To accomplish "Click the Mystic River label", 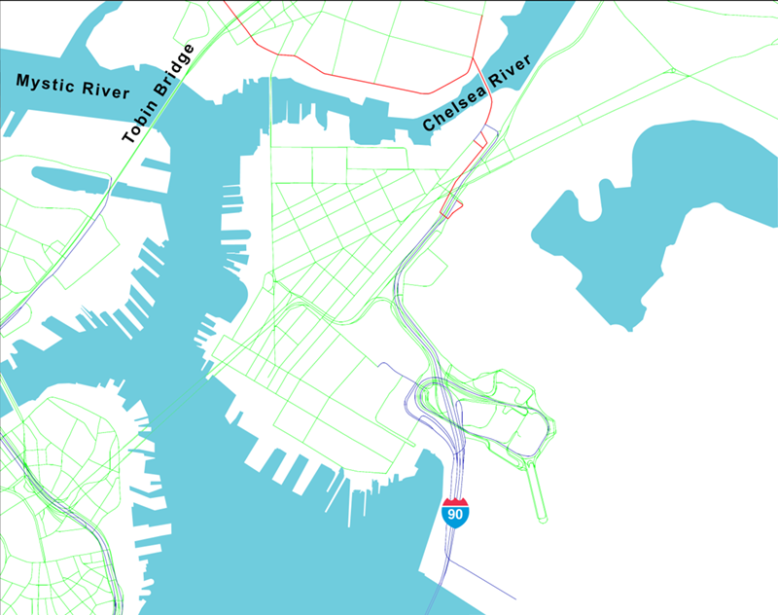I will pos(73,86).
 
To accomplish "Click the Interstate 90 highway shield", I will pos(454,512).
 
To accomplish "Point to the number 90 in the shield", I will pos(454,515).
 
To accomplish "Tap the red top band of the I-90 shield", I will pos(454,501).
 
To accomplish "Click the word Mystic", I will pos(46,82).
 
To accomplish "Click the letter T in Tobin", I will pos(127,139).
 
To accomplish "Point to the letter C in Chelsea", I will pos(429,126).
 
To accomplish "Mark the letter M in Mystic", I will pos(23,79).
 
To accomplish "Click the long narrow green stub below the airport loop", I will pos(538,491).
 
